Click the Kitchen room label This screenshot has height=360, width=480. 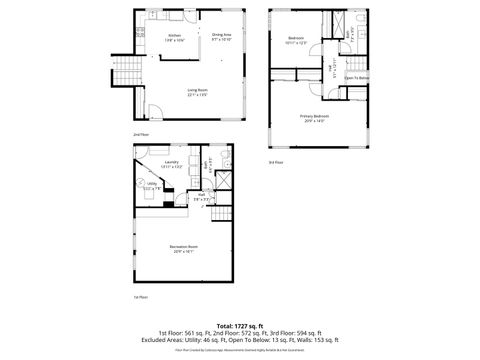[x=175, y=36]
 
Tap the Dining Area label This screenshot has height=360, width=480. [x=221, y=36]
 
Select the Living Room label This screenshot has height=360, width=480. [x=197, y=91]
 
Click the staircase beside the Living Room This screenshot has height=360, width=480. [x=127, y=72]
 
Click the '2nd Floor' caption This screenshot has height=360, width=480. [x=141, y=133]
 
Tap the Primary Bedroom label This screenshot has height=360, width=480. [x=314, y=117]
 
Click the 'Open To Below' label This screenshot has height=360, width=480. [x=357, y=78]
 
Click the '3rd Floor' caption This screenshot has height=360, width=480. [x=275, y=162]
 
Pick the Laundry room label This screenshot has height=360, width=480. [x=171, y=163]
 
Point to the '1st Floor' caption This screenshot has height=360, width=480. [x=141, y=297]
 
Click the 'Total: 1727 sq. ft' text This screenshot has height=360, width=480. [x=239, y=325]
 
